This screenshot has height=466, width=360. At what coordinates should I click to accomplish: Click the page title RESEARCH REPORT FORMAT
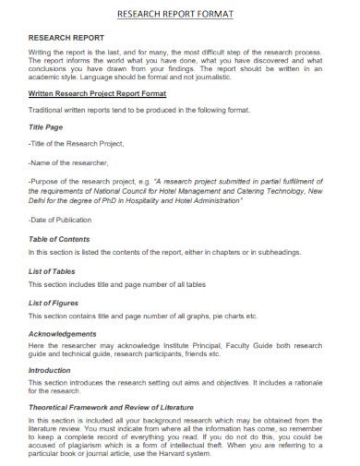point(179,14)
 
